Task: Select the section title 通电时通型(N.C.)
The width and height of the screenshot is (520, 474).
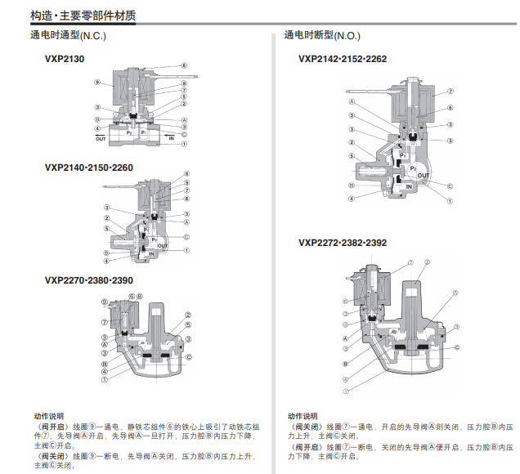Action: (69, 36)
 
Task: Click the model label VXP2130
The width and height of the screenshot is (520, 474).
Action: (65, 59)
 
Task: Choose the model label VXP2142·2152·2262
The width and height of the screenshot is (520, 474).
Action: (343, 59)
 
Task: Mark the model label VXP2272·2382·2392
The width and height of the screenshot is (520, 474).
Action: (343, 242)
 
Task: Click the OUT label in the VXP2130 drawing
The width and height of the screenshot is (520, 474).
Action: (101, 140)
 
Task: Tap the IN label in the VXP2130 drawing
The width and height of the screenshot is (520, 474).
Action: (172, 140)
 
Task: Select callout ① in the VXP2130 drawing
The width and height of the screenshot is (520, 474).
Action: (186, 144)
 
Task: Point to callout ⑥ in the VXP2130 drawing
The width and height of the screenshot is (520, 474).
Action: (185, 65)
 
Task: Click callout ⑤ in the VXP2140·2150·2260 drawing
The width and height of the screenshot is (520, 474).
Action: (106, 229)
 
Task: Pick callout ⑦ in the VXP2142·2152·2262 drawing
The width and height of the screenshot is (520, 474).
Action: (450, 92)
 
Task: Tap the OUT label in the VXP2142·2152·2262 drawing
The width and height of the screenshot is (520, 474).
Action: (423, 175)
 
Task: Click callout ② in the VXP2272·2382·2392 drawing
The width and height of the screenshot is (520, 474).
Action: (427, 263)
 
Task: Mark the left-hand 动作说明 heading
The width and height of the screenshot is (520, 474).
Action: (48, 416)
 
